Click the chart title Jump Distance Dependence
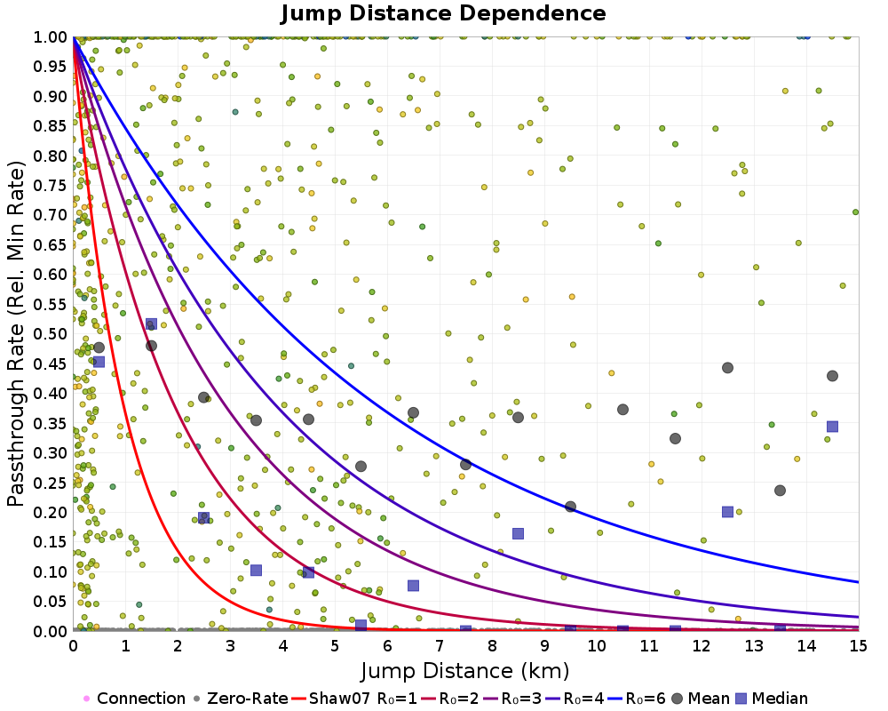pos(443,13)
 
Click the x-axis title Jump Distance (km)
pos(464,669)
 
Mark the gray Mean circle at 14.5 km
pos(832,376)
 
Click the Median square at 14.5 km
pos(832,427)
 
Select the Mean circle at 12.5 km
pos(727,368)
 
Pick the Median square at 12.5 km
pos(727,512)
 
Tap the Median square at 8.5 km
pos(518,533)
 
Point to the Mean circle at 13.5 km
pos(780,491)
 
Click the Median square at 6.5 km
pos(413,585)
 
